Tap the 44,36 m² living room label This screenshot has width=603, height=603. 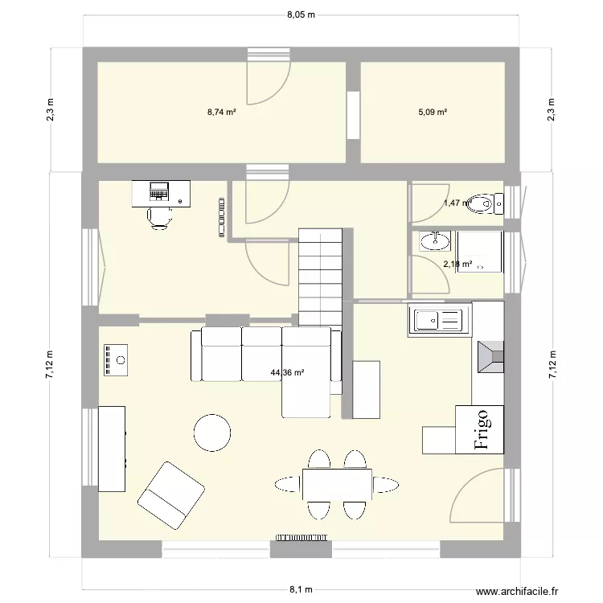[288, 372]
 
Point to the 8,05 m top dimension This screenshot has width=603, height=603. [301, 14]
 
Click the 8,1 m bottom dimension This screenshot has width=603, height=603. [301, 589]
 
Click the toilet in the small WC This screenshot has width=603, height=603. [482, 204]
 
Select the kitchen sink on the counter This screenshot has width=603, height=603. [439, 321]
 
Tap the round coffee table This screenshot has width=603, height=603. [213, 433]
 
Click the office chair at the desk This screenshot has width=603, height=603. [159, 217]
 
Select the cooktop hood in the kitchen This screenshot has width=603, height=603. [490, 358]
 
